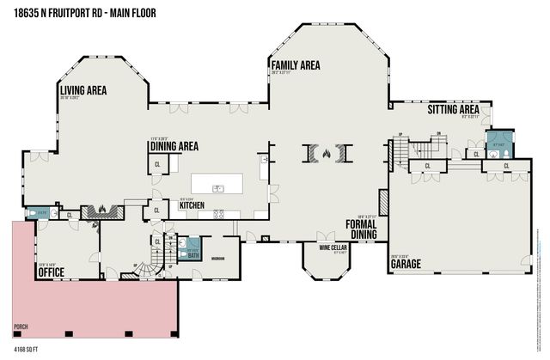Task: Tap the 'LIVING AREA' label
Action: (x=83, y=89)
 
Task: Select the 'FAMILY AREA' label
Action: (x=295, y=65)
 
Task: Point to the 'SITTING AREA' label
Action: (x=453, y=110)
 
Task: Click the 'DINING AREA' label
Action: (x=174, y=146)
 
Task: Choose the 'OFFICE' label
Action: (x=51, y=272)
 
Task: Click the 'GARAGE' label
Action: (x=406, y=264)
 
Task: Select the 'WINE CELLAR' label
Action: (x=333, y=247)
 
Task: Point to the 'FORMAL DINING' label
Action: (x=363, y=228)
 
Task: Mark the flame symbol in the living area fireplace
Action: (x=104, y=209)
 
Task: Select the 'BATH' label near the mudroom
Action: (x=193, y=254)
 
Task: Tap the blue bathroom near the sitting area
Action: (x=498, y=143)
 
